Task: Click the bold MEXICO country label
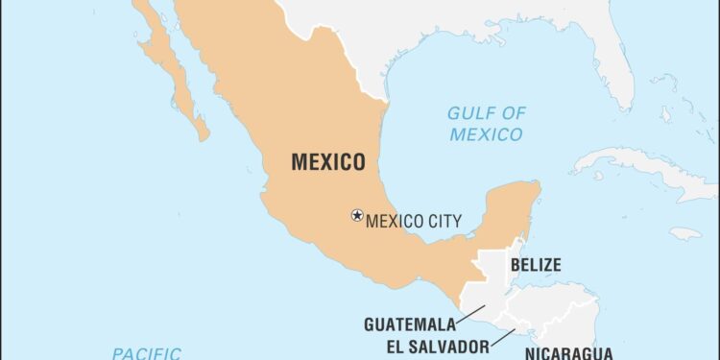[327, 162]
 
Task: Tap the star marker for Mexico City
[357, 216]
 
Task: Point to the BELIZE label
[536, 265]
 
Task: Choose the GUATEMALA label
[409, 324]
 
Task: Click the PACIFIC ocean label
[146, 353]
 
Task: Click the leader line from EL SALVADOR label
[504, 338]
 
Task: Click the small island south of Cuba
[686, 232]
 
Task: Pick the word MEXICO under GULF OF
[488, 134]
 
